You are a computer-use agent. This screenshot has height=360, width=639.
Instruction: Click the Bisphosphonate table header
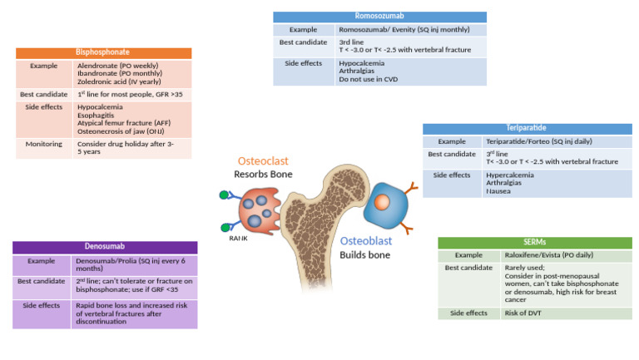point(103,52)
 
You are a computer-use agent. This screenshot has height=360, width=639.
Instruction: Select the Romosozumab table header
point(380,17)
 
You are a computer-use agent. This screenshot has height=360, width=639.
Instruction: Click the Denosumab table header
point(105,247)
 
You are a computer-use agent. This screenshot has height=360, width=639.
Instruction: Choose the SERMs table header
point(535,242)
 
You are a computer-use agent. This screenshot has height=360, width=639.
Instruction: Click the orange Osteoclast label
point(264,160)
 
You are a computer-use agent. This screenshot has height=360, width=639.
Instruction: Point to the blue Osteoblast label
point(365,241)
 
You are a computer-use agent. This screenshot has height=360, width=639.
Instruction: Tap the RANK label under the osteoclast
point(239,239)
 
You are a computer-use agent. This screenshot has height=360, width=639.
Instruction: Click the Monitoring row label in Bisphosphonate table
point(43,144)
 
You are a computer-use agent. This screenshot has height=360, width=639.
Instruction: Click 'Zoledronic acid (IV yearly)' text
point(121,81)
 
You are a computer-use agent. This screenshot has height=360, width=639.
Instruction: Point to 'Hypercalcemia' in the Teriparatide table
point(510,175)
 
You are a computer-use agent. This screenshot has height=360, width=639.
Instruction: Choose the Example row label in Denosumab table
point(42,261)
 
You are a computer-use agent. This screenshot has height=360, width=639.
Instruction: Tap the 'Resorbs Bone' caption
point(263,175)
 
